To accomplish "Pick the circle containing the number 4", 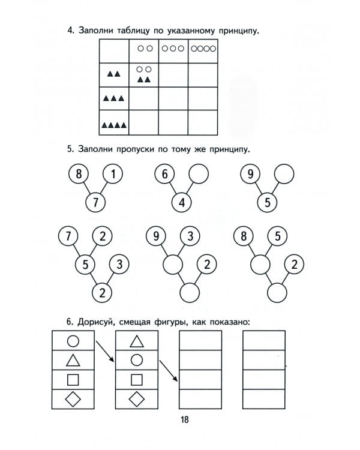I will point(182,202).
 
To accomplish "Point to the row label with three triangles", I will point(113,98).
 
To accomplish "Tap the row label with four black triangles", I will point(113,125).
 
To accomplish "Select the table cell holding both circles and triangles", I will point(144,74).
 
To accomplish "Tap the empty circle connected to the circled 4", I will point(199,175).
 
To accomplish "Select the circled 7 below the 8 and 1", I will point(95,202).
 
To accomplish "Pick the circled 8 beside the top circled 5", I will point(244,236).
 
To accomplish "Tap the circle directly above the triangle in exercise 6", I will point(73,341).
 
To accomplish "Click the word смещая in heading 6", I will point(140,323).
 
